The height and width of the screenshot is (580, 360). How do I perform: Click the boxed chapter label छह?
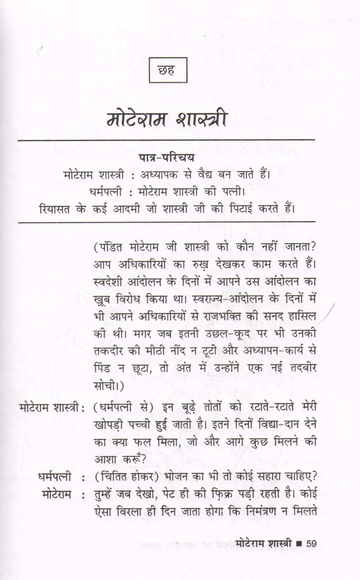(168, 70)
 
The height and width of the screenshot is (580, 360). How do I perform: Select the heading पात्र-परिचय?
(166, 158)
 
